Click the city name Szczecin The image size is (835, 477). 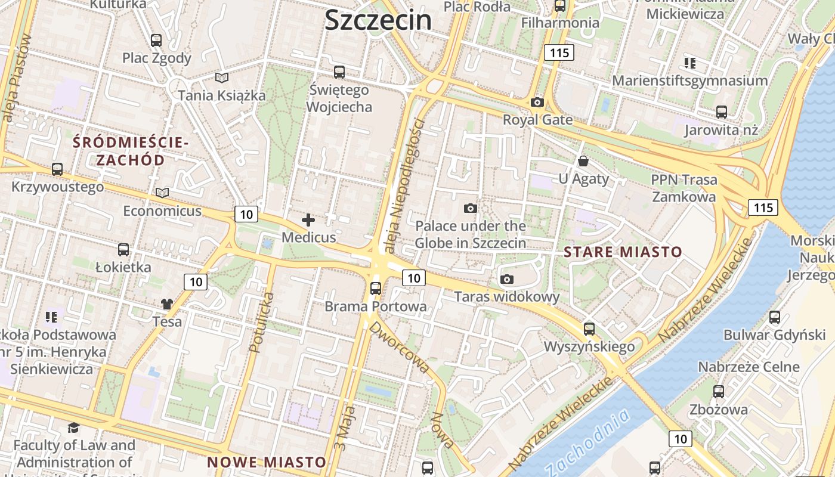[x=378, y=20]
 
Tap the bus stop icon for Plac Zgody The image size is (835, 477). [x=156, y=41]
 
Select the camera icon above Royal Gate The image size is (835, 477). [x=537, y=103]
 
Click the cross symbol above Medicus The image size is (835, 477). [x=308, y=220]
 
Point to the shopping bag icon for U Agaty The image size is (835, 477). [x=583, y=161]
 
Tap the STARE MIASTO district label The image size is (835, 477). [x=623, y=252]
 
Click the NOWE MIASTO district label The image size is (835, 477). [x=267, y=462]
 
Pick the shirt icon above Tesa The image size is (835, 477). [x=167, y=304]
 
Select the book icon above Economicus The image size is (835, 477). [x=162, y=193]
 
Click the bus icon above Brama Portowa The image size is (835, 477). [x=376, y=289]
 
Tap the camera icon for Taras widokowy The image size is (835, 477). [x=507, y=279]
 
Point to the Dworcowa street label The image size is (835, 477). [x=399, y=348]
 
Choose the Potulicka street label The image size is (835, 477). [x=263, y=323]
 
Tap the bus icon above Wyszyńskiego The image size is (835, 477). [x=589, y=329]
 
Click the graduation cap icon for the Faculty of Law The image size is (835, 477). [x=73, y=428]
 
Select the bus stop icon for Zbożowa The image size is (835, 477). [x=719, y=392]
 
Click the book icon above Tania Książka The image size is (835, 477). [x=222, y=78]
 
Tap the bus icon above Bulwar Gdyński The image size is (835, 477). [x=775, y=317]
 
